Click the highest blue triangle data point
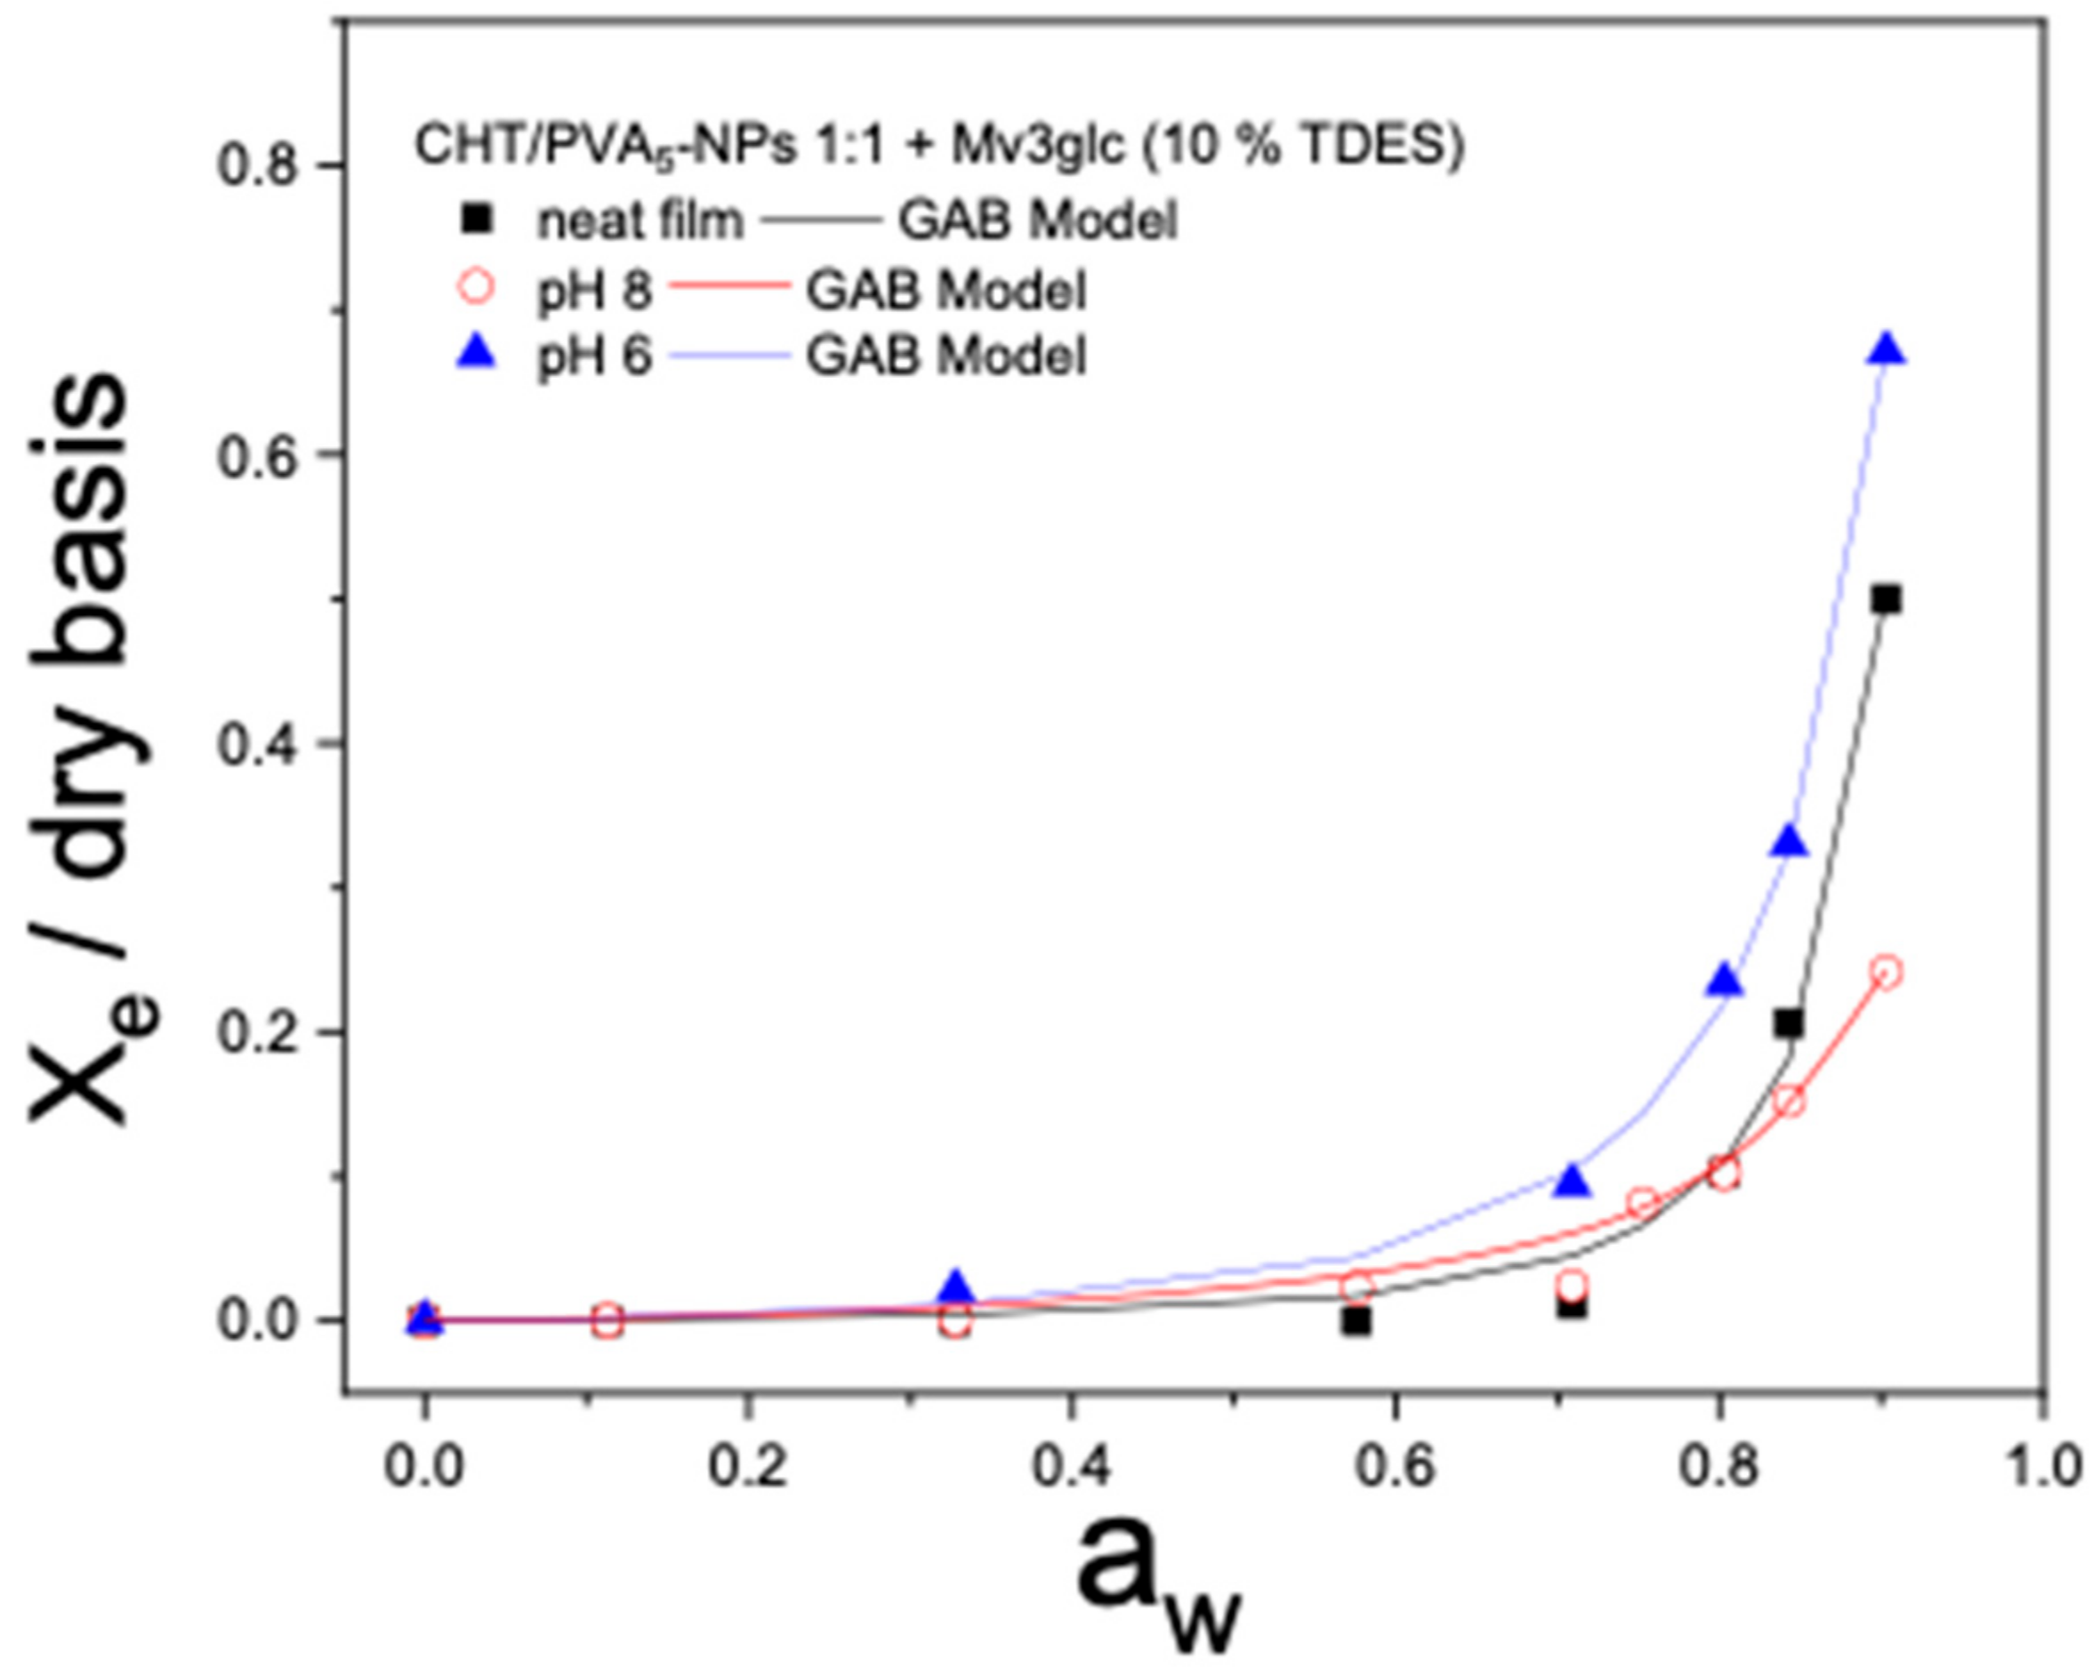click(1887, 349)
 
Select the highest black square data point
click(1887, 600)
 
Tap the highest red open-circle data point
click(1887, 973)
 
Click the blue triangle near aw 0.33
click(956, 1287)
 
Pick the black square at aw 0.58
click(1356, 1321)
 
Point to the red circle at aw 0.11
click(607, 1320)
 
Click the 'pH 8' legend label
click(594, 290)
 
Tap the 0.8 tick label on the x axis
click(1719, 1468)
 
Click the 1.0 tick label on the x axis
click(2041, 1468)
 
